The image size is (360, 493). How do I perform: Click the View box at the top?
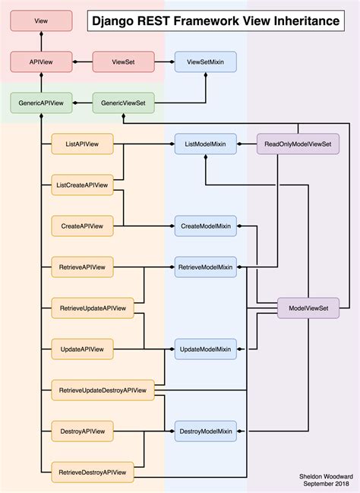click(x=41, y=21)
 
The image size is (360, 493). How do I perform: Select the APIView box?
click(x=41, y=61)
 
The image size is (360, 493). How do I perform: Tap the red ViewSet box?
click(x=123, y=61)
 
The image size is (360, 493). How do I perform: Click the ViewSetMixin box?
click(x=205, y=61)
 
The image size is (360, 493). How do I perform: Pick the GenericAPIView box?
click(x=41, y=103)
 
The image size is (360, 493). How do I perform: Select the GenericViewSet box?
click(x=123, y=103)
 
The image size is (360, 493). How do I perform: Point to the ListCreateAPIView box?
click(x=82, y=185)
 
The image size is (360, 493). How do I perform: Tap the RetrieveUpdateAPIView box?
click(x=93, y=308)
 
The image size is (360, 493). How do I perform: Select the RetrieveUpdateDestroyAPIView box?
click(x=103, y=390)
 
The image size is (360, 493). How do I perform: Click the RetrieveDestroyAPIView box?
click(x=93, y=472)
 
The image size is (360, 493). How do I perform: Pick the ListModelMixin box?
click(x=205, y=144)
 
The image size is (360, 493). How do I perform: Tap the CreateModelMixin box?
click(x=205, y=226)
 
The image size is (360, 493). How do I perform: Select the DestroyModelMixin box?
click(x=205, y=431)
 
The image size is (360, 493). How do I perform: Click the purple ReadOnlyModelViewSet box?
click(x=298, y=144)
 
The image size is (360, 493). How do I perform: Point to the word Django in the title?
click(x=114, y=21)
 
